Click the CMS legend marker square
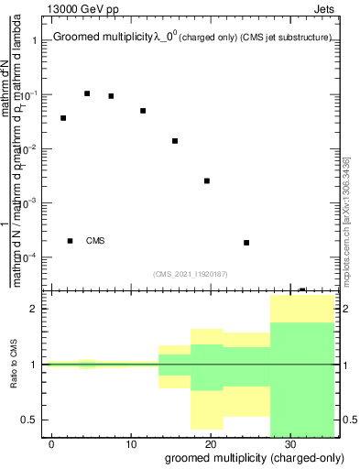coord(71,241)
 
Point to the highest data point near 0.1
coord(87,93)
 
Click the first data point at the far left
coord(63,118)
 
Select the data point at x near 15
coord(174,141)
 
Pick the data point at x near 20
coord(207,180)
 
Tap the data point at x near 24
coord(246,243)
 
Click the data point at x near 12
coord(143,111)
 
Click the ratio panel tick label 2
coord(38,309)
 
